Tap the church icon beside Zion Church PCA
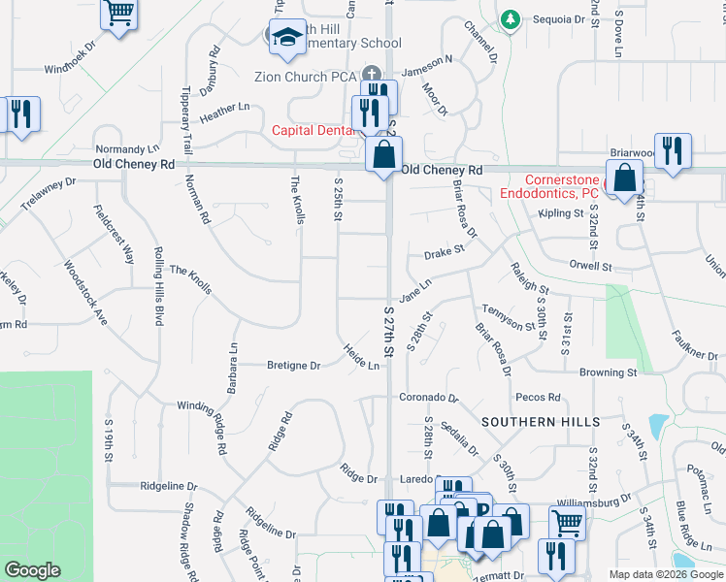[370, 75]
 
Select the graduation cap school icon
[285, 37]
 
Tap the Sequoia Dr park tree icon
[510, 18]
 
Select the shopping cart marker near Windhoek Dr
[120, 14]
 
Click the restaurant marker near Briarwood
[673, 150]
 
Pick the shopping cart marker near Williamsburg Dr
[568, 523]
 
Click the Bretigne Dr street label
[293, 366]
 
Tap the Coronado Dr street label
[428, 398]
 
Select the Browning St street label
[609, 372]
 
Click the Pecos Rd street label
[539, 398]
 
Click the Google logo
[33, 570]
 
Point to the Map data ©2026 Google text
[665, 574]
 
